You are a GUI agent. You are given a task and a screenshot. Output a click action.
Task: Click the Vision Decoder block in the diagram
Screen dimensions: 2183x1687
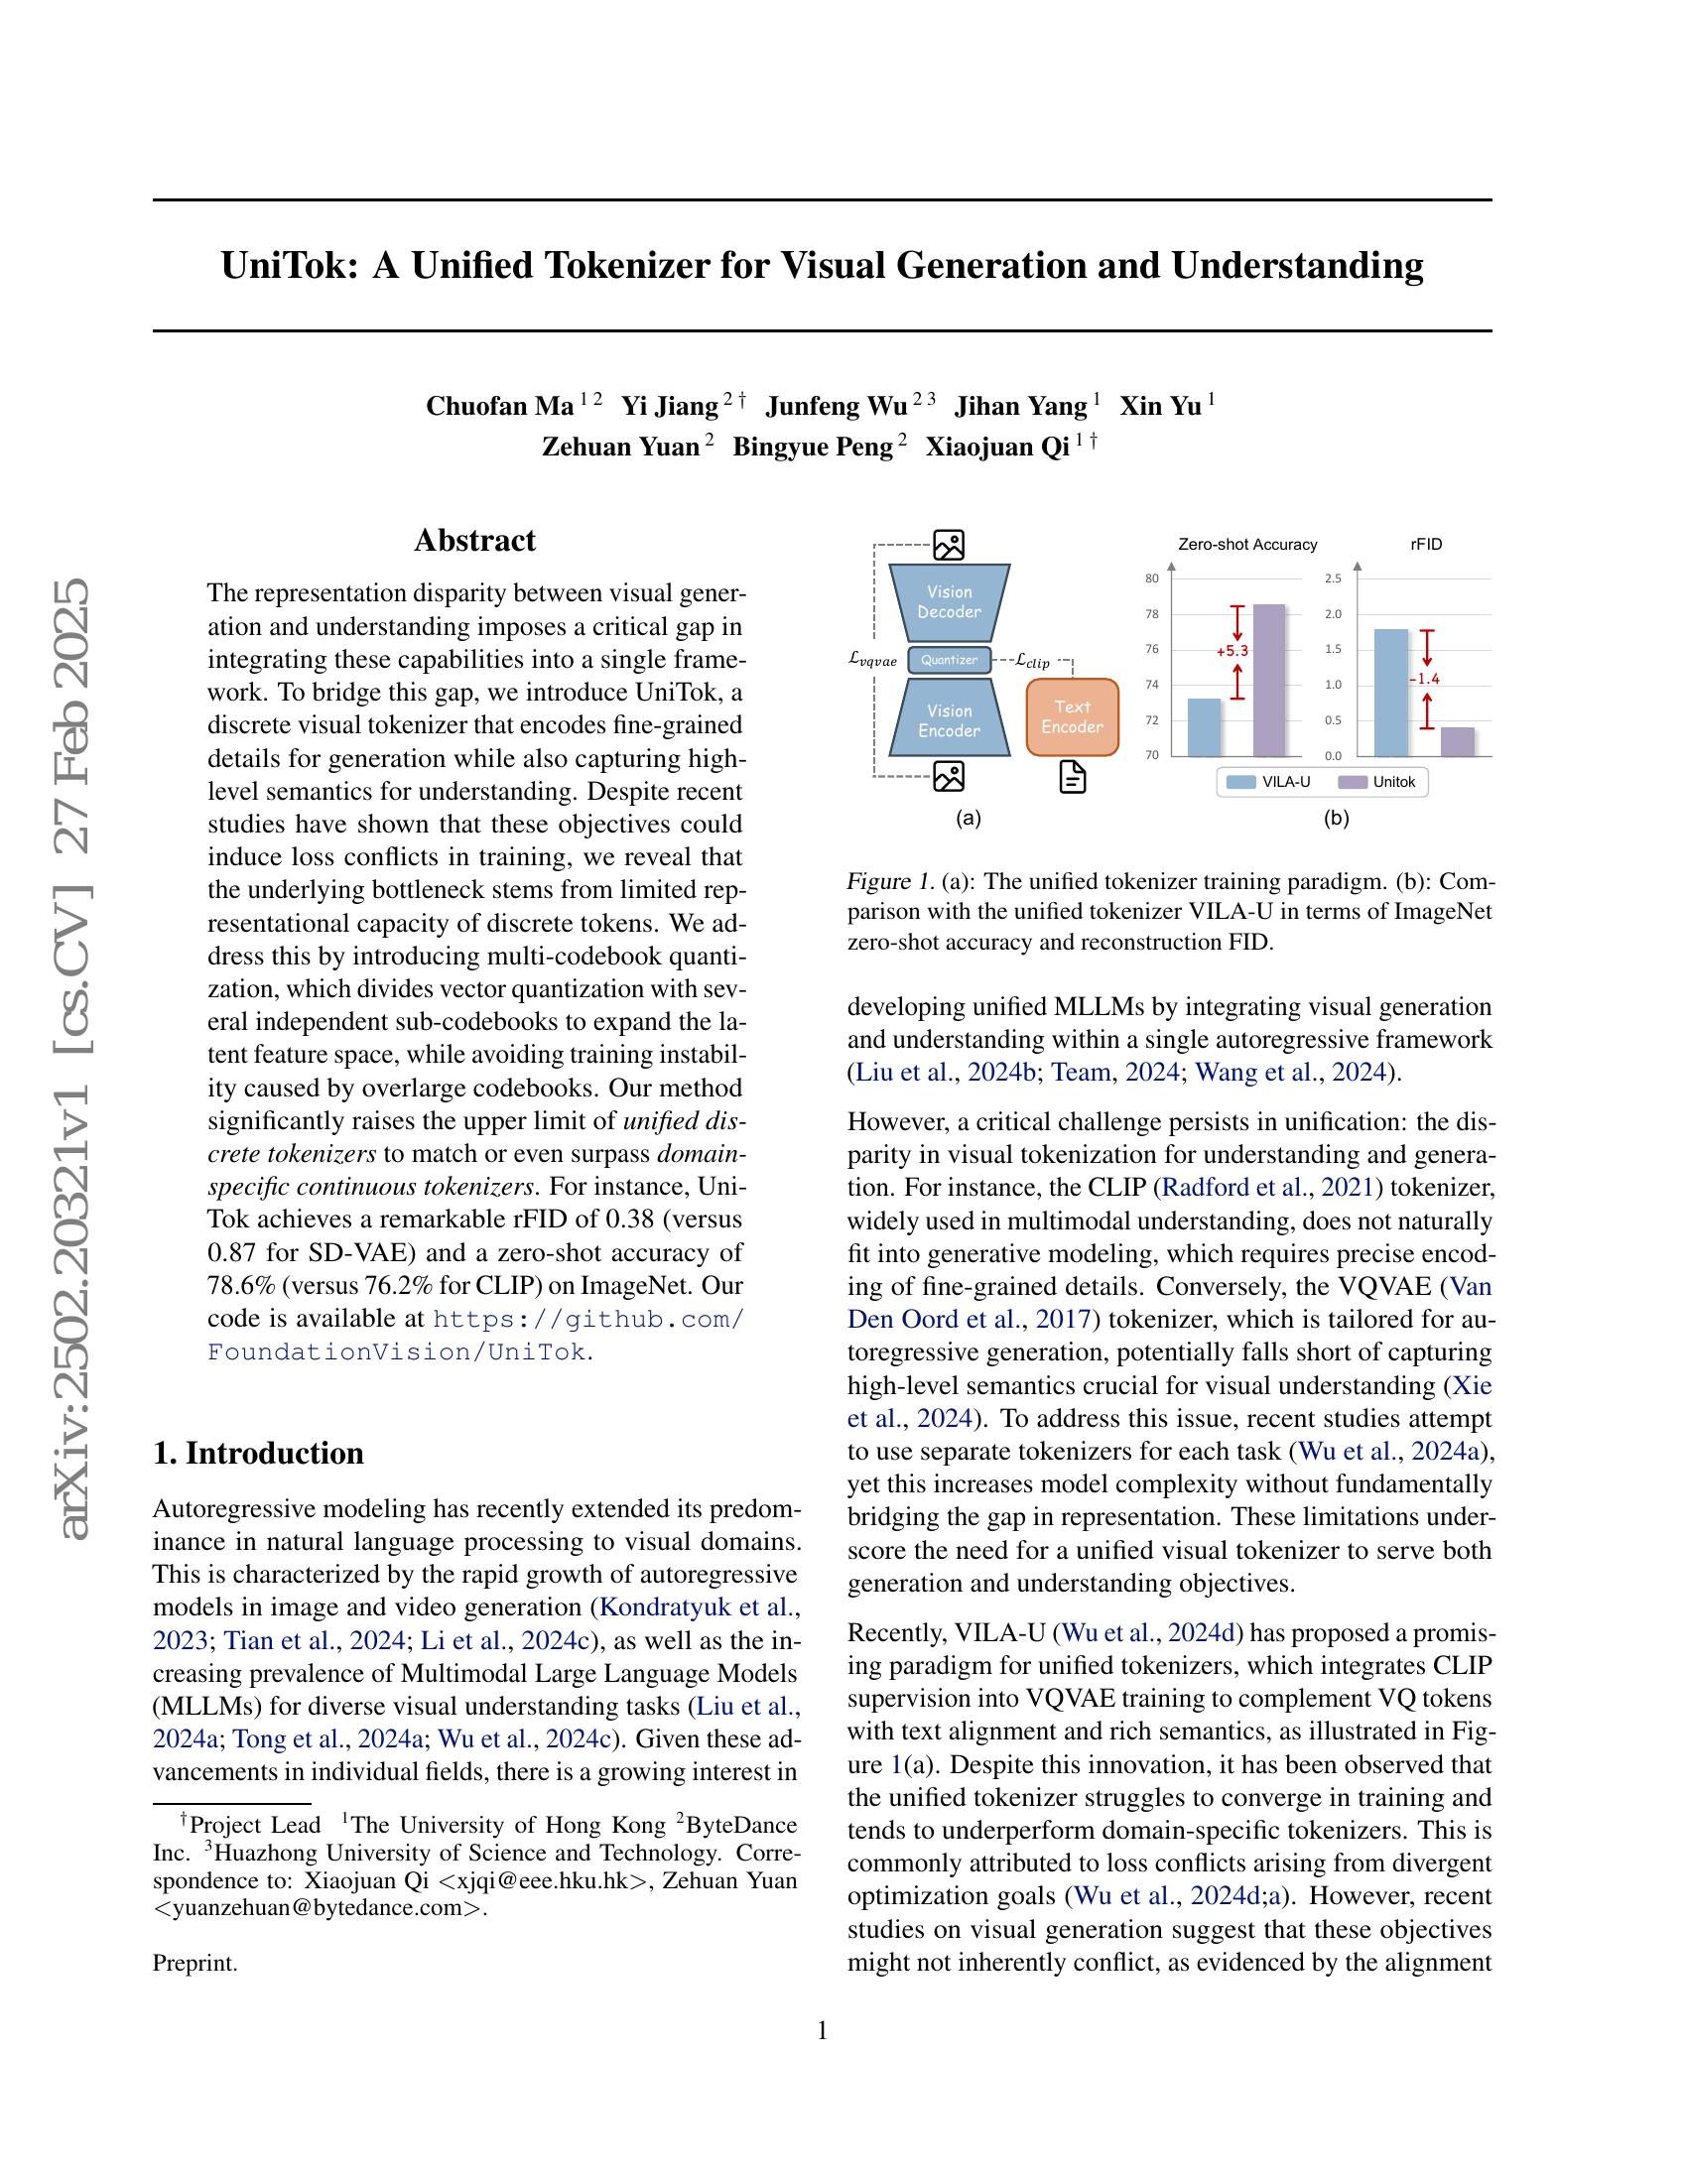949,601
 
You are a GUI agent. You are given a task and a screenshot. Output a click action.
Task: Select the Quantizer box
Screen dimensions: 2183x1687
949,660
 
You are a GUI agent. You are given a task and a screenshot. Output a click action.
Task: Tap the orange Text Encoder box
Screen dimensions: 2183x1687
1072,716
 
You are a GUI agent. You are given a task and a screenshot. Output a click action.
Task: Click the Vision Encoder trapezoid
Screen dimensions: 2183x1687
949,720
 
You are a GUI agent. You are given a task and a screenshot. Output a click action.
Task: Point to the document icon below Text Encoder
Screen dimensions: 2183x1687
1072,777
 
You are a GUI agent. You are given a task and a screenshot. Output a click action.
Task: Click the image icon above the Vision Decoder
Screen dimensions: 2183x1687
949,545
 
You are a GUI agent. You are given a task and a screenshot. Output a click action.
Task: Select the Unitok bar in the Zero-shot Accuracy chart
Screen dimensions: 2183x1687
1268,680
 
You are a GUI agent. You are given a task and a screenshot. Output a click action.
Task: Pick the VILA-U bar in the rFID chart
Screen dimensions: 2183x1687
1391,692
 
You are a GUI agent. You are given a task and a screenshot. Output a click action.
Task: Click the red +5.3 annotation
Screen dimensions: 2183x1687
1232,651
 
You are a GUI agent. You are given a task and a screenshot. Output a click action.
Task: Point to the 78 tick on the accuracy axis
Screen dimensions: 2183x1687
1152,613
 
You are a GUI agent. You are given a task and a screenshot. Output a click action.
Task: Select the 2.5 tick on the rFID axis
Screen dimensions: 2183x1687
1333,578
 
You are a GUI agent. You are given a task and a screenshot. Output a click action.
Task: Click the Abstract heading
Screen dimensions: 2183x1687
474,541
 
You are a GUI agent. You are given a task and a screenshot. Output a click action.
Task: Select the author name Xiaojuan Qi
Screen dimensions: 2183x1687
996,447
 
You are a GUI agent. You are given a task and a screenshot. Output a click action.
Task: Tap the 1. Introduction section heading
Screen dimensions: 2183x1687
258,1453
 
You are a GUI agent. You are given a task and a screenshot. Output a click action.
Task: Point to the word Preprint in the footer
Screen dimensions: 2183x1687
195,1963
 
